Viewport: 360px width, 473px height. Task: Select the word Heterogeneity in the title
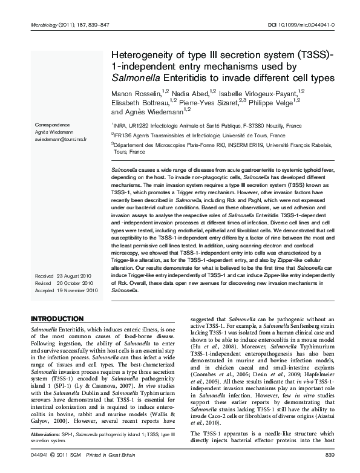coord(141,54)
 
